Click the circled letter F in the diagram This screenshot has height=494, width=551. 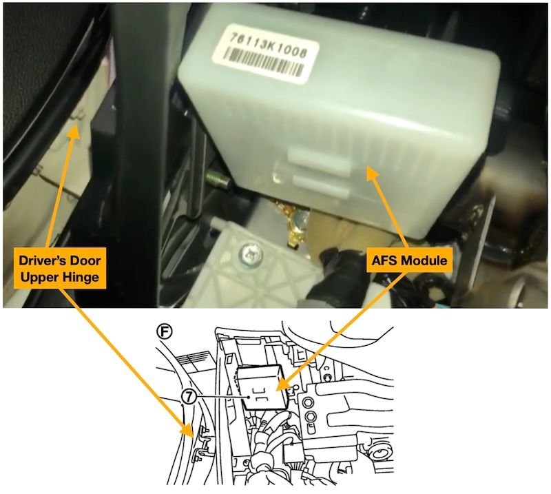pos(164,331)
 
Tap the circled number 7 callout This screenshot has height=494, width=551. pos(189,396)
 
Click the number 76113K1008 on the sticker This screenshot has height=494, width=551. pos(268,45)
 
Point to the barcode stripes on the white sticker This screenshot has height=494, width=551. pos(263,62)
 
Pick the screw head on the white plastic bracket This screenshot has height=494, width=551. pos(250,253)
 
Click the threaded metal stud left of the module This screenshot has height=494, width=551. pos(218,177)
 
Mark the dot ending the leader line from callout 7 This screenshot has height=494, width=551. pos(248,397)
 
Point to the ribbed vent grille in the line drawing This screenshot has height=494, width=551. pos(195,363)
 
